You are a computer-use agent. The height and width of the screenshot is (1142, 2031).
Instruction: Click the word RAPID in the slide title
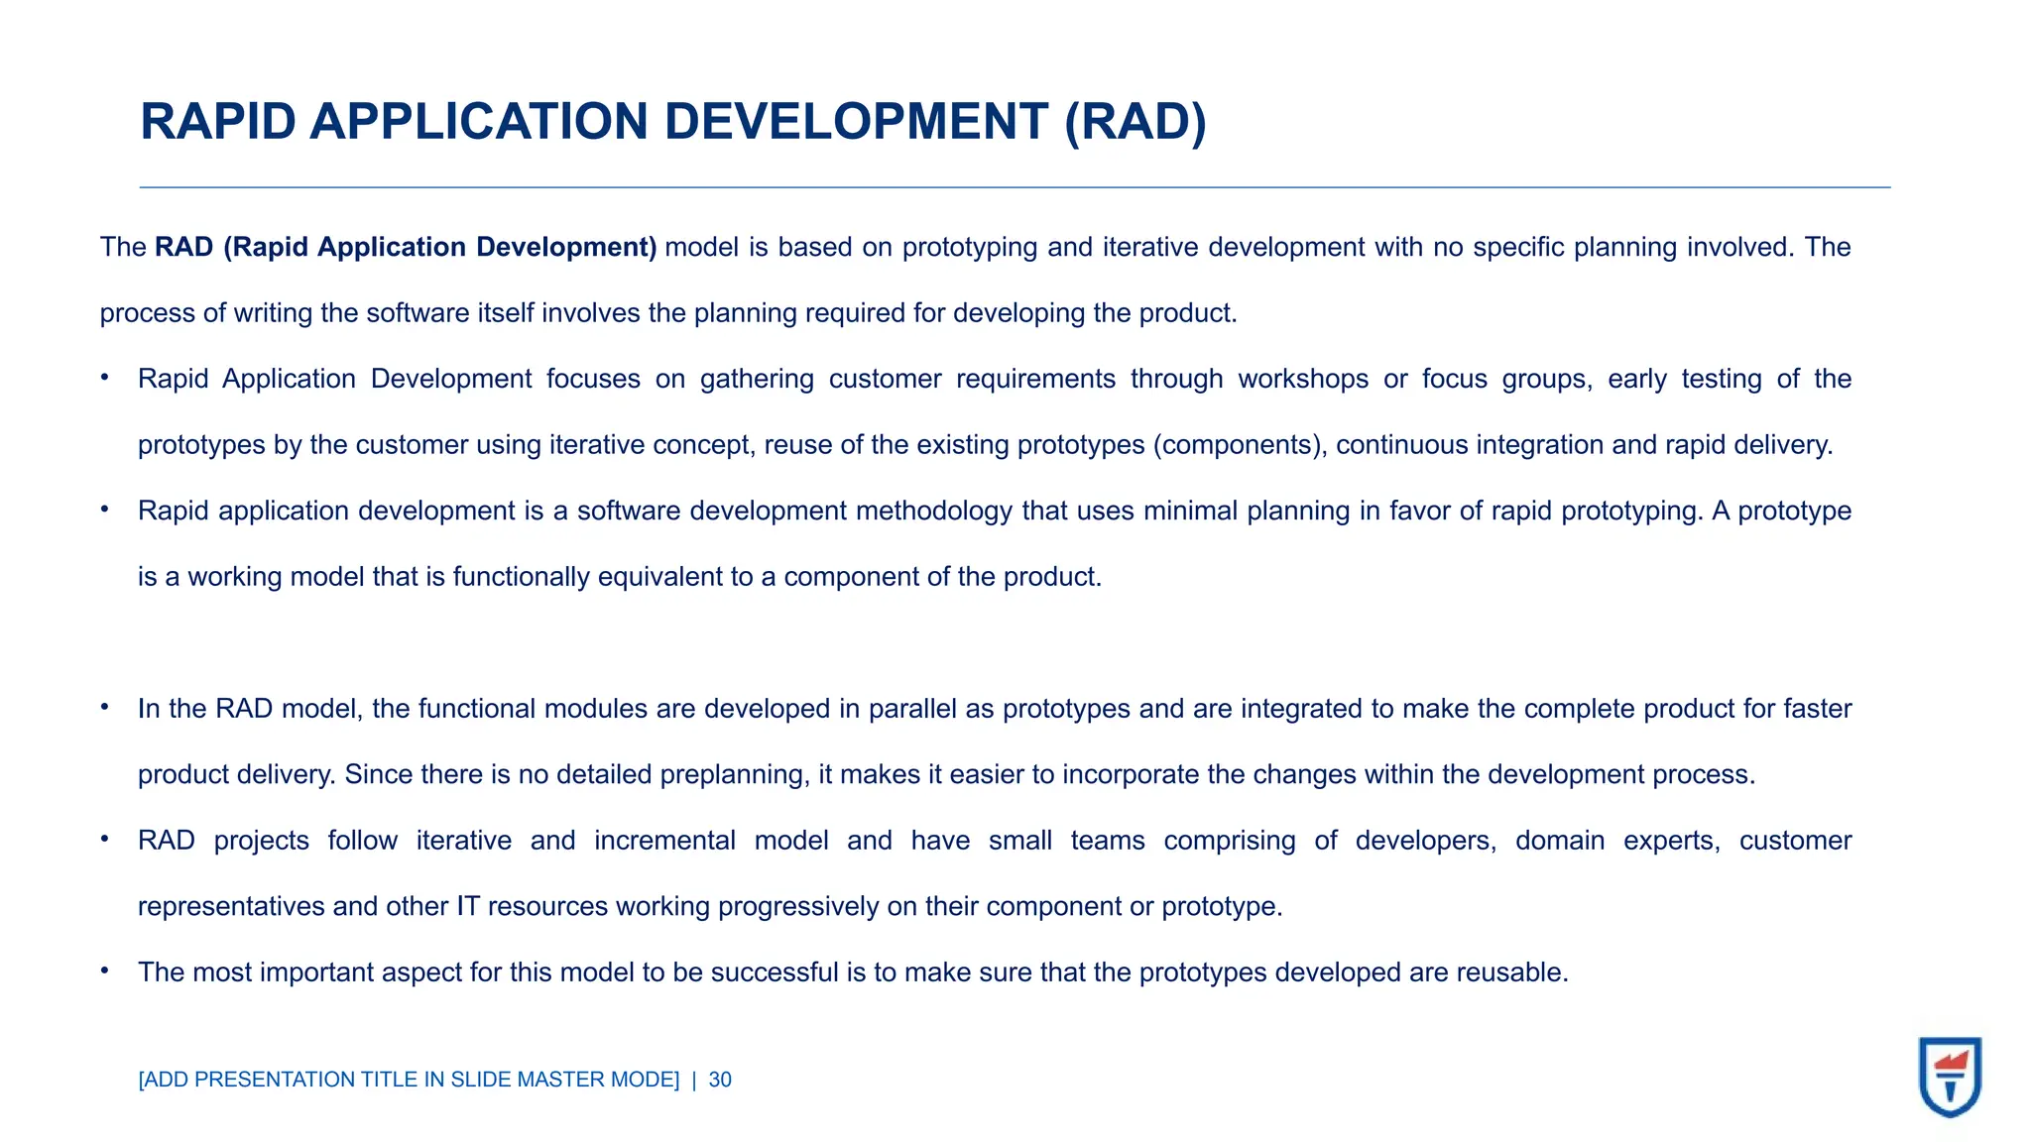pyautogui.click(x=218, y=122)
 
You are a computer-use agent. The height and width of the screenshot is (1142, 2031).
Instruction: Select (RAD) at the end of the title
pyautogui.click(x=1135, y=122)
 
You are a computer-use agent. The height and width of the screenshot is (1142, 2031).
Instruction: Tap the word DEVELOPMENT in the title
pyautogui.click(x=856, y=122)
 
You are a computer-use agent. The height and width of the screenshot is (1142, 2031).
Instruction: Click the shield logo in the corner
pyautogui.click(x=1950, y=1077)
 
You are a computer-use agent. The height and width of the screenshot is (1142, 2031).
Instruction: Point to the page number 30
pyautogui.click(x=720, y=1080)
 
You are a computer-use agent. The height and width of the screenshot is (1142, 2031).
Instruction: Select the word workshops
pyautogui.click(x=1303, y=379)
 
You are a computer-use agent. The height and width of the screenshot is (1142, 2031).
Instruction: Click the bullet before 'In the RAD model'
pyautogui.click(x=104, y=707)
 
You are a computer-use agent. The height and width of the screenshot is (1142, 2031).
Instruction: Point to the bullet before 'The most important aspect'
pyautogui.click(x=104, y=971)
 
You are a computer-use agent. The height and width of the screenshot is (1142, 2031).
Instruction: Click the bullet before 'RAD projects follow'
pyautogui.click(x=104, y=839)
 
